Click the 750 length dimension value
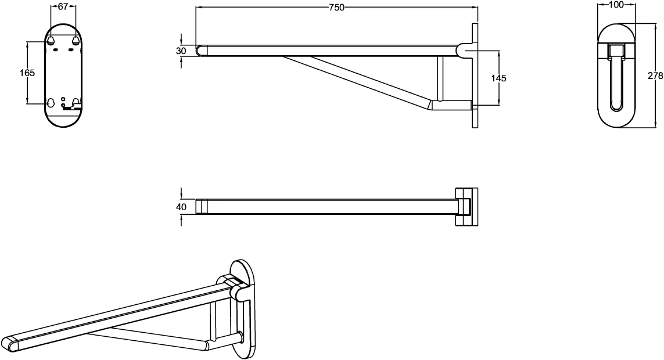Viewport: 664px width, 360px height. pyautogui.click(x=337, y=7)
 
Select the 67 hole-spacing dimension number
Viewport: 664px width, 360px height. pyautogui.click(x=63, y=6)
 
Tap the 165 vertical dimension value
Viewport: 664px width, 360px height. pyautogui.click(x=27, y=73)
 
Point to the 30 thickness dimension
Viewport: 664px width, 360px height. pyautogui.click(x=181, y=51)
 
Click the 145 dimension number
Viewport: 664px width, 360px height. pyautogui.click(x=499, y=78)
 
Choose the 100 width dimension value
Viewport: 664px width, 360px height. pyautogui.click(x=616, y=5)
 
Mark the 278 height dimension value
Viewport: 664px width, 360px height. pyautogui.click(x=655, y=75)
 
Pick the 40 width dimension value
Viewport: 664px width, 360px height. pyautogui.click(x=181, y=207)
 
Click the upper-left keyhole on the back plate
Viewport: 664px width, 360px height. pyautogui.click(x=51, y=39)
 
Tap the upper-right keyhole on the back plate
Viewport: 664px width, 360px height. pyautogui.click(x=76, y=39)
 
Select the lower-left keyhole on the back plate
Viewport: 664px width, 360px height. pyautogui.click(x=51, y=102)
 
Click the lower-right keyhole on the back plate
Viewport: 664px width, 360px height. pyautogui.click(x=76, y=102)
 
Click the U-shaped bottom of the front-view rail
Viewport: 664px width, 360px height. pyautogui.click(x=616, y=109)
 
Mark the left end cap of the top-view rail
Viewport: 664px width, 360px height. pyautogui.click(x=201, y=207)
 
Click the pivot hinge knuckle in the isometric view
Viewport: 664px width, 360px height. pyautogui.click(x=241, y=293)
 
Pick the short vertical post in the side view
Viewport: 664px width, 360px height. pyautogui.click(x=440, y=78)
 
